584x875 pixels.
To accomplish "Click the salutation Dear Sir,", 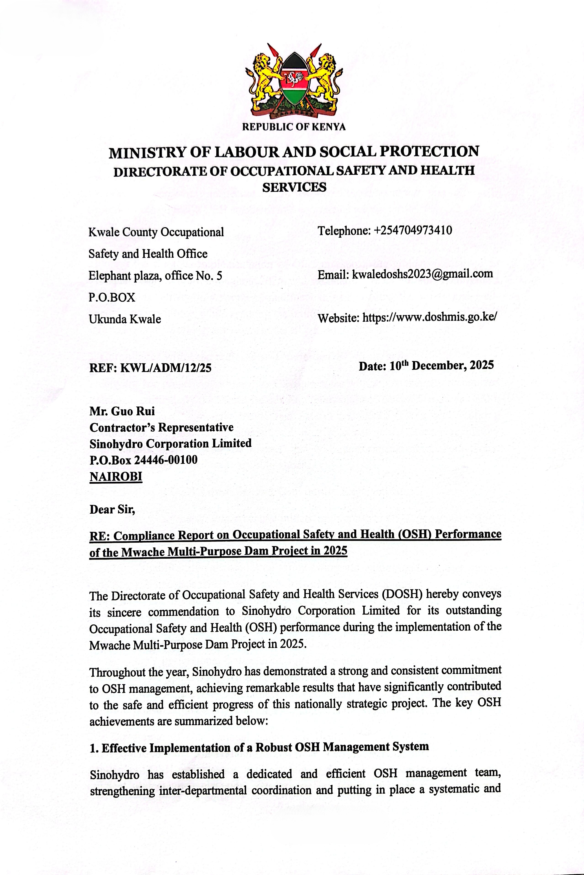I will pyautogui.click(x=112, y=509).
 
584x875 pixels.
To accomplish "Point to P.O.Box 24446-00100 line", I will pyautogui.click(x=143, y=460).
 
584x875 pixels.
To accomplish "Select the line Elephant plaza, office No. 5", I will pyautogui.click(x=155, y=276).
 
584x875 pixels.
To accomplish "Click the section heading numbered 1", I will pyautogui.click(x=259, y=747).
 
